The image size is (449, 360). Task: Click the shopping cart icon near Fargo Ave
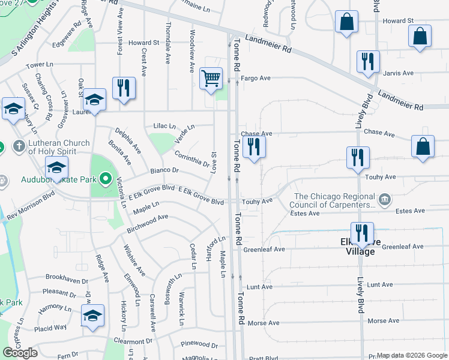pyautogui.click(x=211, y=79)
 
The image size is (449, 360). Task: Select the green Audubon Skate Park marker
pyautogui.click(x=106, y=178)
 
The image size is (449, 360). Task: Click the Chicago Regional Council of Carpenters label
pyautogui.click(x=334, y=200)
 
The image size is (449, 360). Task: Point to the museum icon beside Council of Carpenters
pyautogui.click(x=385, y=198)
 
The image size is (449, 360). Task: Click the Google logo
pyautogui.click(x=20, y=353)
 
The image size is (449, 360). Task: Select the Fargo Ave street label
pyautogui.click(x=256, y=79)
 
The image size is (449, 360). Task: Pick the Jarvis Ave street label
pyautogui.click(x=399, y=73)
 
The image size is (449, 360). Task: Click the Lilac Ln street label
pyautogui.click(x=164, y=126)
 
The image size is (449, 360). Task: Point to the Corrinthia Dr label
pyautogui.click(x=192, y=158)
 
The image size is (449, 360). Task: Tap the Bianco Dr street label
pyautogui.click(x=164, y=172)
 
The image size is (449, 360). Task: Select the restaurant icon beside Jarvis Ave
pyautogui.click(x=368, y=62)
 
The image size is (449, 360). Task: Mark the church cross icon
pyautogui.click(x=19, y=146)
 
